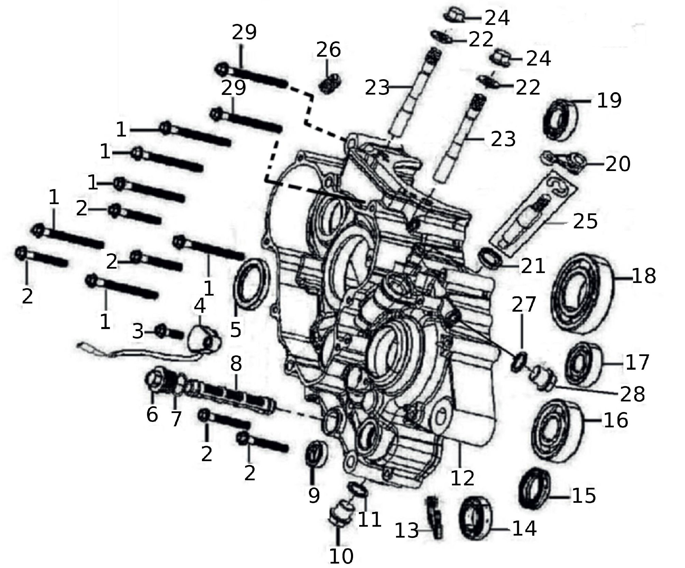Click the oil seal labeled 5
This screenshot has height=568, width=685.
(251, 285)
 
